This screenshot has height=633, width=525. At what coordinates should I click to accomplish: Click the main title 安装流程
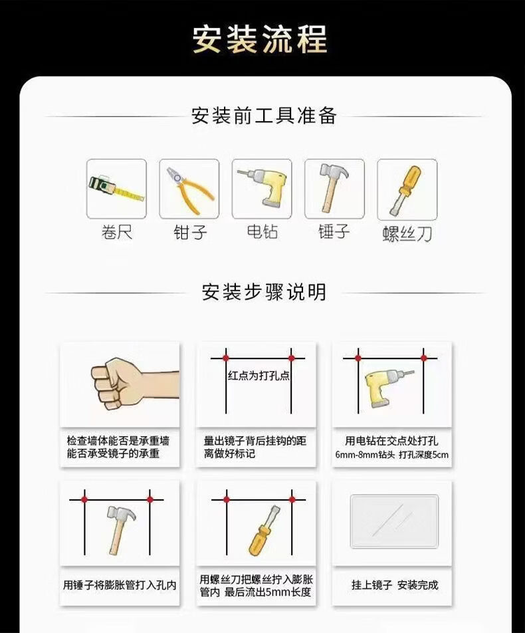(x=260, y=39)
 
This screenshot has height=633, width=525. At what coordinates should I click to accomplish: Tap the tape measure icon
(x=116, y=189)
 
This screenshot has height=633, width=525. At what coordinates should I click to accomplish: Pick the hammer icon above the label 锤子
(x=334, y=187)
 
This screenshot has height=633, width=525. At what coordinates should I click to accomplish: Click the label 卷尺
(x=116, y=233)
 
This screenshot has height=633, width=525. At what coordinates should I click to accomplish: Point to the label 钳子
(x=190, y=233)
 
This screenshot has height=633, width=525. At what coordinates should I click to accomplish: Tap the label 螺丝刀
(x=407, y=234)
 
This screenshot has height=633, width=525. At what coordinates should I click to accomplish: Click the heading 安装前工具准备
(x=264, y=116)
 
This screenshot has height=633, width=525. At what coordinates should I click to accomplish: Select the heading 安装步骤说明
(x=264, y=292)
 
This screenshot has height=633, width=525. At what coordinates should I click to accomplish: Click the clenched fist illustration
(x=135, y=384)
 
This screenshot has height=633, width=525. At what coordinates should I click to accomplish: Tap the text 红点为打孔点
(x=259, y=376)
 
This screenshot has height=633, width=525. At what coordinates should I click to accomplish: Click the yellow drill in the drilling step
(x=388, y=388)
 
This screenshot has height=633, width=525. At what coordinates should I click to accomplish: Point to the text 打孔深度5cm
(x=424, y=455)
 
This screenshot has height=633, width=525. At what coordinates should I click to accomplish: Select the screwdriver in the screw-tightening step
(x=264, y=531)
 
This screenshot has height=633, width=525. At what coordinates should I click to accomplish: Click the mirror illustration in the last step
(x=394, y=521)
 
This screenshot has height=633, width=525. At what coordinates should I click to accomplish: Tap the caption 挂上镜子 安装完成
(x=395, y=584)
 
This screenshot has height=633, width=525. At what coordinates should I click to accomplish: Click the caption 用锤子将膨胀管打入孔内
(x=120, y=584)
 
